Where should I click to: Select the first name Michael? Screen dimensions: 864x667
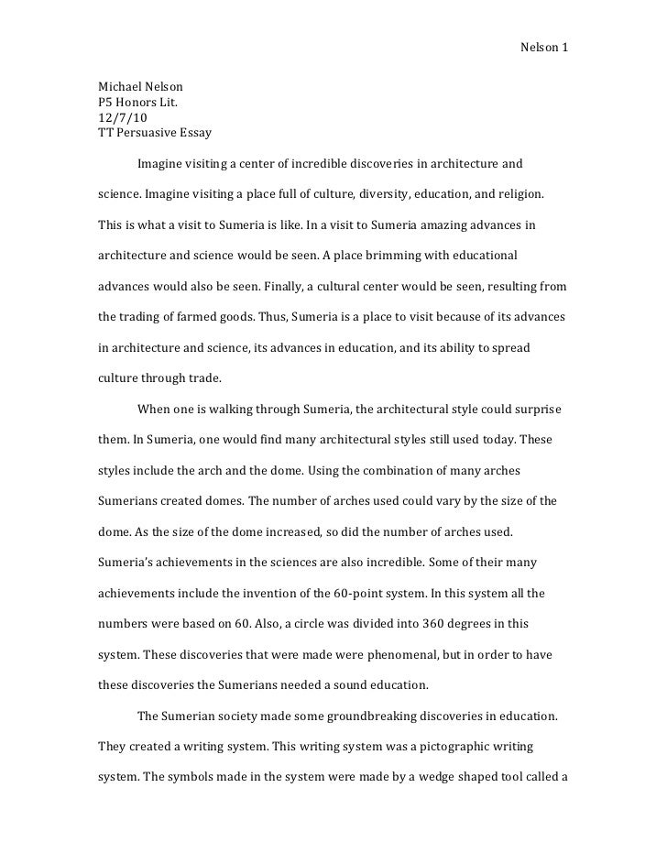coord(120,88)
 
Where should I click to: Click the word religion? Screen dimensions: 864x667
coord(518,195)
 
